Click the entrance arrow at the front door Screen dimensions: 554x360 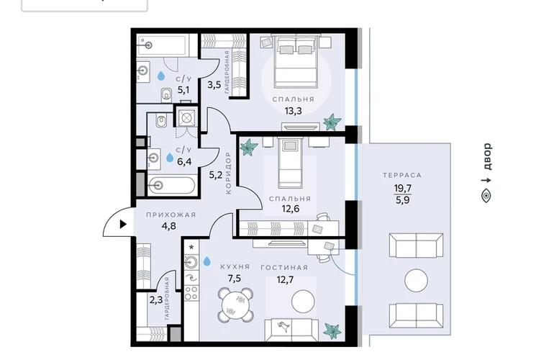(123, 224)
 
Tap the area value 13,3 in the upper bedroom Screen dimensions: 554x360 (294, 111)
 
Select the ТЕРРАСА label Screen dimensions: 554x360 (402, 175)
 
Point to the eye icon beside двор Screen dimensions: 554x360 (486, 196)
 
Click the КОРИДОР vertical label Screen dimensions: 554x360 (228, 173)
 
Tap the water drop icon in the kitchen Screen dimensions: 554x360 (206, 261)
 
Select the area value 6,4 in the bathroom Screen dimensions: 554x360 (184, 162)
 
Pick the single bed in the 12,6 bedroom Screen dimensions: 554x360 (290, 163)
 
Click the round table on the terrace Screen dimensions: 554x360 (416, 280)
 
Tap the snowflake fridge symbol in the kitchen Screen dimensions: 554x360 (191, 247)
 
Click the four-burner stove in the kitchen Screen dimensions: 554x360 (191, 294)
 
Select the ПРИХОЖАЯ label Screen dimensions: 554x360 (171, 215)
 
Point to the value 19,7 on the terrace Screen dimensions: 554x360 (403, 188)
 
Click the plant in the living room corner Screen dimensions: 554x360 (332, 331)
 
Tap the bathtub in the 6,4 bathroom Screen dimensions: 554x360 (171, 185)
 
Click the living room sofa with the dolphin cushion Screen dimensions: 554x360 (291, 330)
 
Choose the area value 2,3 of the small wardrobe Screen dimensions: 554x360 (156, 300)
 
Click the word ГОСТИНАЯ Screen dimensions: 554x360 (284, 268)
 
